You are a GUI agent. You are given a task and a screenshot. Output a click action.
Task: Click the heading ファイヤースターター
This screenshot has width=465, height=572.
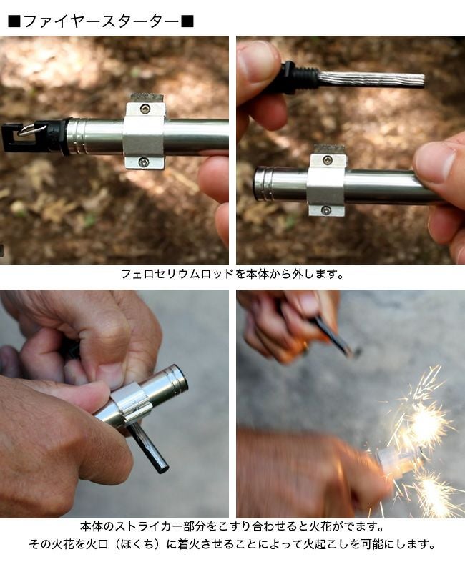101,21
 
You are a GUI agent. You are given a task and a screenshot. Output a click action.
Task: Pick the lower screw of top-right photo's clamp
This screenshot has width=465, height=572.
325,209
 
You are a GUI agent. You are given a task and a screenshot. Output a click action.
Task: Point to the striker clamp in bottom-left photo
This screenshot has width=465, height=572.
131,407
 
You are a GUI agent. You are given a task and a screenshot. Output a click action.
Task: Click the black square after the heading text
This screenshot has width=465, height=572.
187,21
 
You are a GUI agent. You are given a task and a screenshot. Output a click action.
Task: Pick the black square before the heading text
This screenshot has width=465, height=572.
14,21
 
